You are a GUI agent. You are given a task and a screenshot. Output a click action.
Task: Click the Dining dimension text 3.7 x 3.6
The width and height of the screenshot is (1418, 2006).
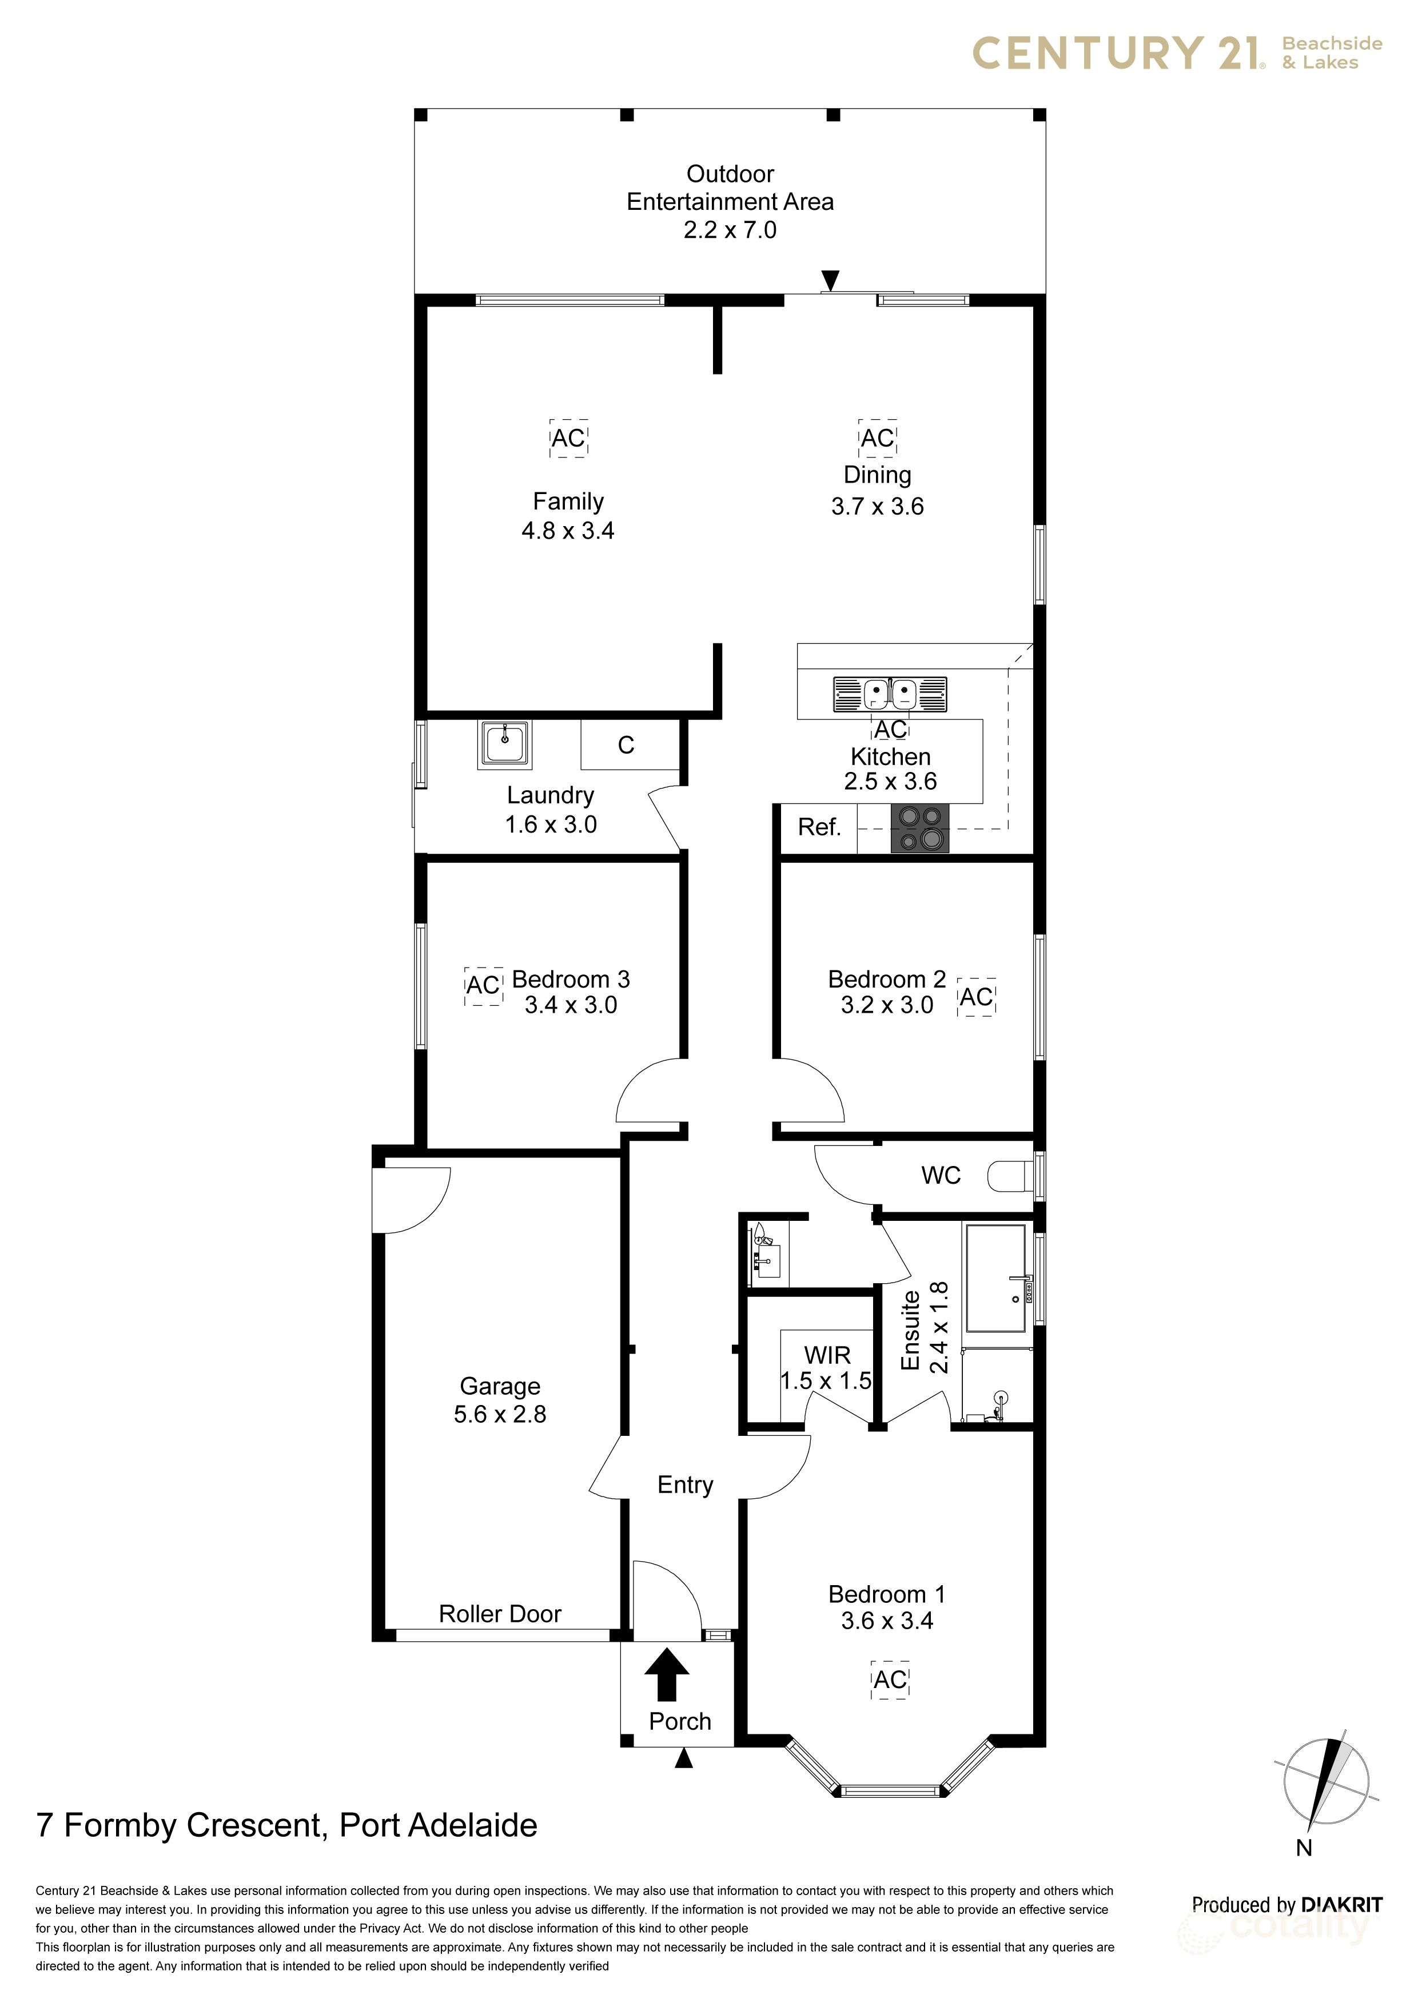(877, 506)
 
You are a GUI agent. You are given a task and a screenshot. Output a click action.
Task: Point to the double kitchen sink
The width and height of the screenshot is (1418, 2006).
(890, 695)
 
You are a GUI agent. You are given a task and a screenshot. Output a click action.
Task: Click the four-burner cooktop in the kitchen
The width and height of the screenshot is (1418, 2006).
(919, 828)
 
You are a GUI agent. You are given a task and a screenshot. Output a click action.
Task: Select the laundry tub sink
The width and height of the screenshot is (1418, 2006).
(504, 745)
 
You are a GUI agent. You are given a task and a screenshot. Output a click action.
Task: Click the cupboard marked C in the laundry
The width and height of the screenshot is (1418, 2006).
(627, 745)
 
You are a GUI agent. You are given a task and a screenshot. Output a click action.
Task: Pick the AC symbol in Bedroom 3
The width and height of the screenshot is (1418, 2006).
(483, 985)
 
